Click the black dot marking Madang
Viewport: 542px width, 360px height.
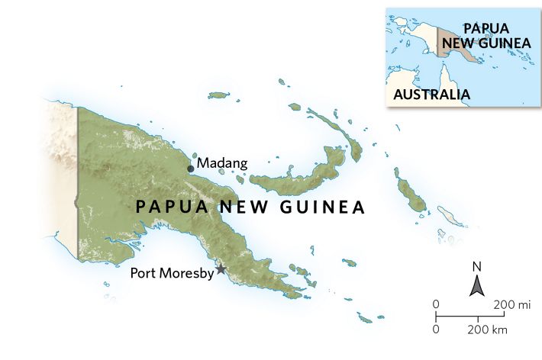tap(191, 169)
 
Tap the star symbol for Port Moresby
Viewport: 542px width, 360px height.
tap(221, 269)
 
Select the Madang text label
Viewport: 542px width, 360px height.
tap(222, 163)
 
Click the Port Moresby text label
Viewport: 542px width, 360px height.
tap(173, 272)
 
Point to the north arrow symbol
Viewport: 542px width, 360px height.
tap(478, 286)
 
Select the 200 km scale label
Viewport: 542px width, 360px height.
tap(489, 329)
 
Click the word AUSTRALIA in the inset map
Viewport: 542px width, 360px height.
tap(431, 95)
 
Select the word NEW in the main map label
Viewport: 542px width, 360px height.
tap(239, 207)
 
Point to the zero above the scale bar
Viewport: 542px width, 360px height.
tap(436, 305)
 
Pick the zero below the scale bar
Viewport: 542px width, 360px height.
tap(436, 329)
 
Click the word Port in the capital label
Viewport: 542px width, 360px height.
tap(144, 272)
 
